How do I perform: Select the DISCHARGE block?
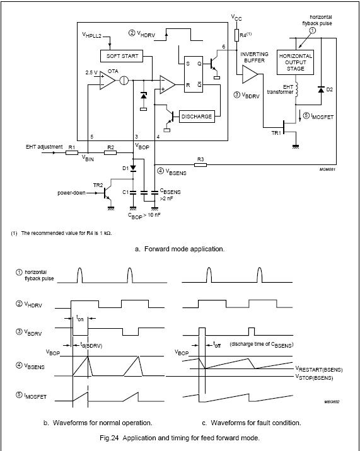[197, 117]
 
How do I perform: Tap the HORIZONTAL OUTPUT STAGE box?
[295, 62]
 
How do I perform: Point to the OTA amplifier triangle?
[107, 80]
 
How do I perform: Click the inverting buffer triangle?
[250, 74]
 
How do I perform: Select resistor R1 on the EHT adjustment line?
[72, 152]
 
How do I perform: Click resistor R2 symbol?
[110, 152]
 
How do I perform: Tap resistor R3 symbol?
[200, 165]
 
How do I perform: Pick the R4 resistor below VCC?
[236, 35]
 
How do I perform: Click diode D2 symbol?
[321, 89]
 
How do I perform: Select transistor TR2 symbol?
[107, 193]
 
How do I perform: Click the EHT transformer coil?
[296, 89]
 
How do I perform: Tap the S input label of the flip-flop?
[188, 64]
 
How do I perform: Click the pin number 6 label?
[224, 47]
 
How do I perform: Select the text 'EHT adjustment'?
[44, 147]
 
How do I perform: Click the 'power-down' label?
[71, 193]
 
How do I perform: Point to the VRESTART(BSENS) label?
[319, 370]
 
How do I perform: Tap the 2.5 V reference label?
[91, 73]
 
